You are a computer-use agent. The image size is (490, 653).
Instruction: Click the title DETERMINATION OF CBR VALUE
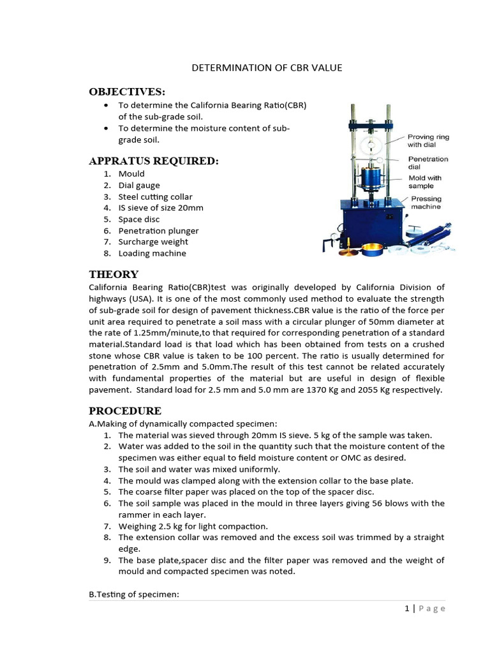coord(267,68)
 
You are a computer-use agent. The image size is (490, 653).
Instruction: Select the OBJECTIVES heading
coord(127,91)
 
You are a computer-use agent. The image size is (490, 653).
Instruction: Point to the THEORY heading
coord(114,274)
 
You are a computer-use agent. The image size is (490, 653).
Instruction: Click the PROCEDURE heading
coord(125,410)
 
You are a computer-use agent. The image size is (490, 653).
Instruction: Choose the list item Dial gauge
coord(139,185)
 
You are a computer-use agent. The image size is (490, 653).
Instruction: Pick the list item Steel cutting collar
coord(155,196)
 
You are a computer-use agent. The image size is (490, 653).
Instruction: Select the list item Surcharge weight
coord(153,242)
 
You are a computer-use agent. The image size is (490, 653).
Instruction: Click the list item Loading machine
coord(152,253)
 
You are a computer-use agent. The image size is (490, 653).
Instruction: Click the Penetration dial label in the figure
coord(427,163)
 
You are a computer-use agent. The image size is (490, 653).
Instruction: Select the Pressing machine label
coord(426,203)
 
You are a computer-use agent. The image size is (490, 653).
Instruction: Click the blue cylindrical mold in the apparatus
coord(369,182)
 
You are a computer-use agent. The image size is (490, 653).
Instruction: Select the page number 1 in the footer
coord(406,608)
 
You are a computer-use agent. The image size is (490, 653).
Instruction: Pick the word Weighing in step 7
coord(137,525)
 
